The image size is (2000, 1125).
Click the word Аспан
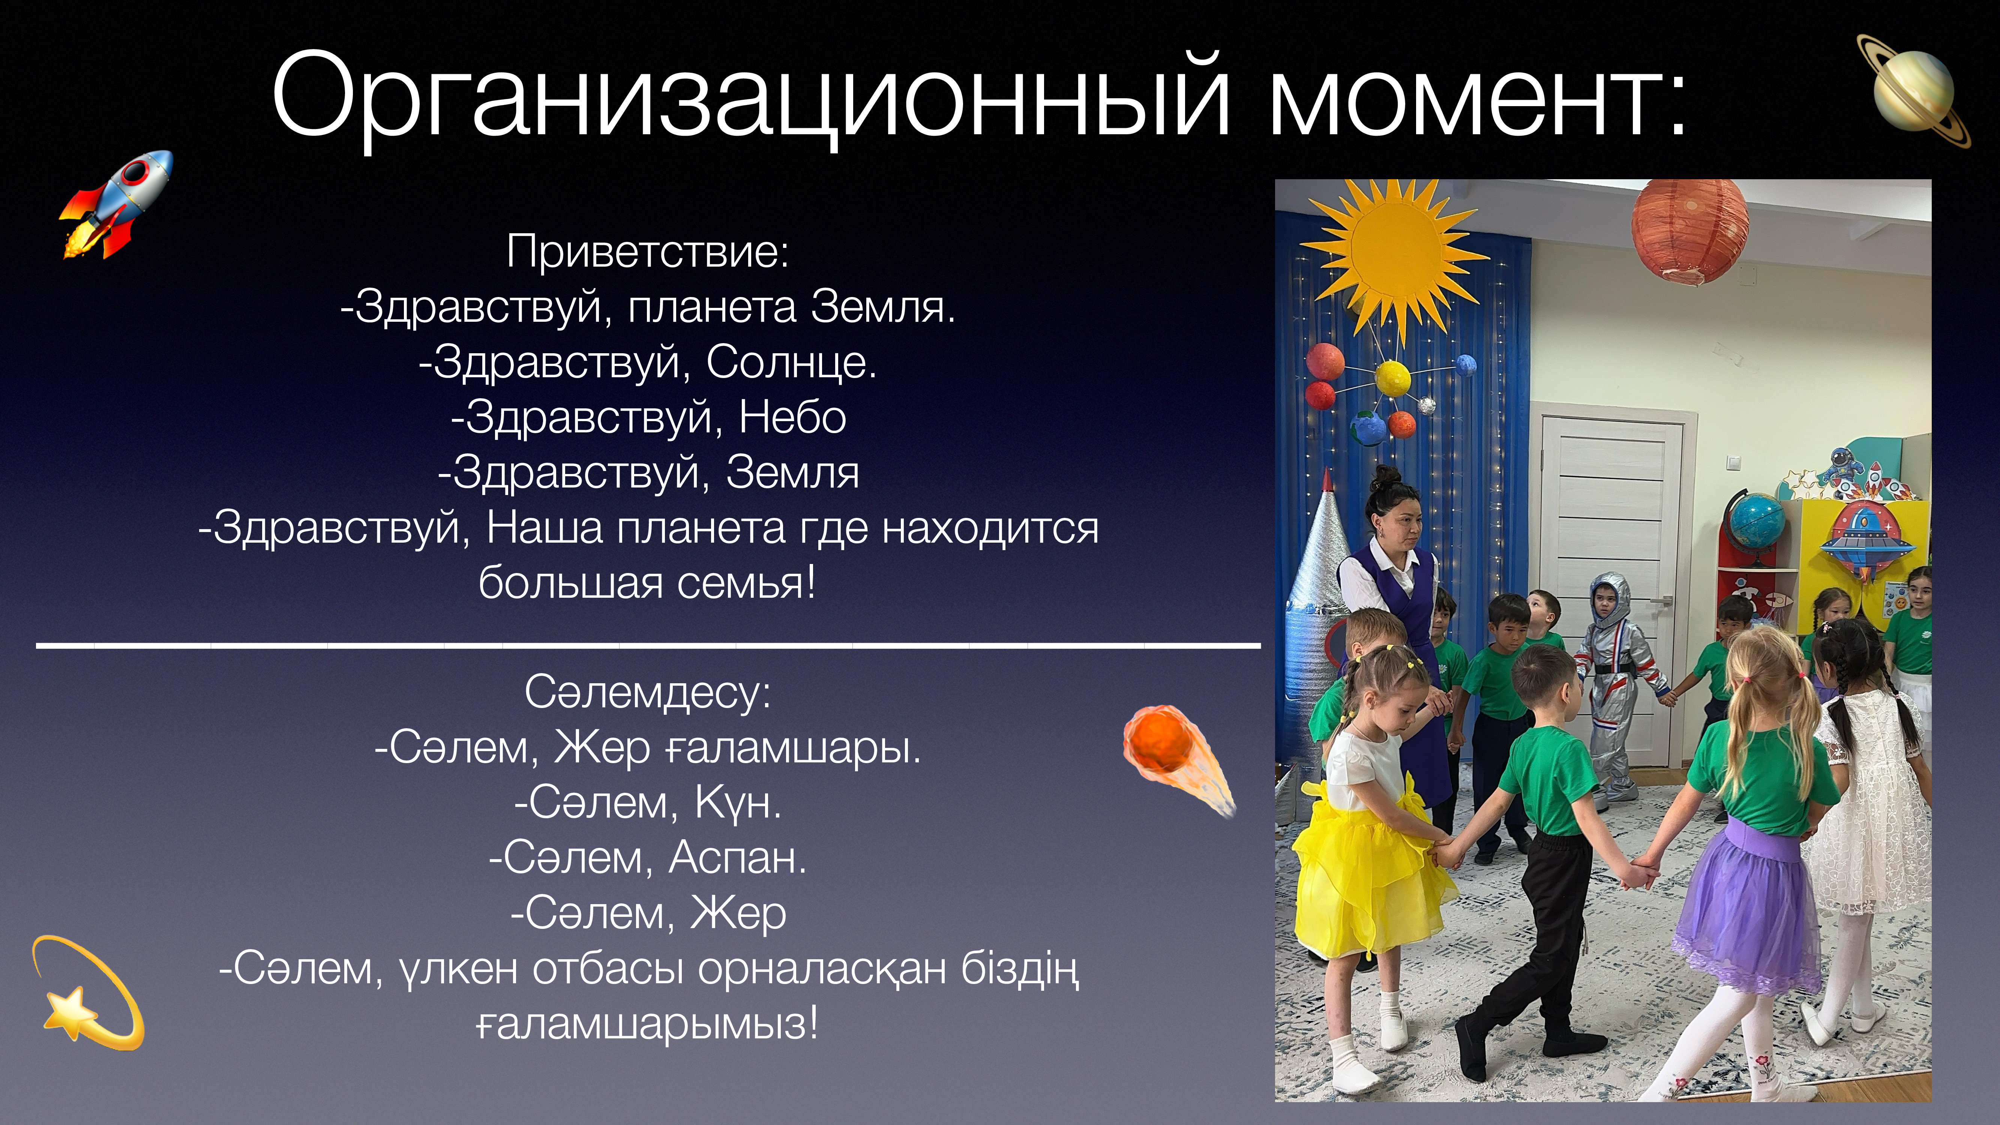click(x=738, y=858)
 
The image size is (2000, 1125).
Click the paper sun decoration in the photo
click(x=1395, y=256)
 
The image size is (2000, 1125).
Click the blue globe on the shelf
click(x=1755, y=520)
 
